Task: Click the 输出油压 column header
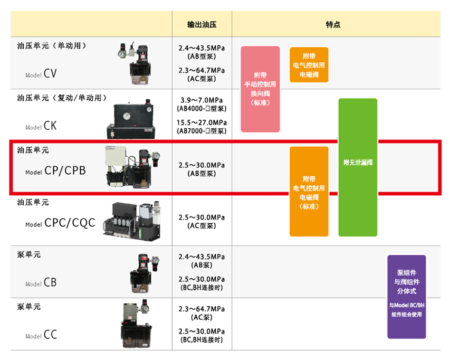202,25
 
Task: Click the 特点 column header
333,25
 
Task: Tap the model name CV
50,73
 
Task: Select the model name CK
50,126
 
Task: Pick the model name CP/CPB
65,170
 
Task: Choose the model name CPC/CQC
70,223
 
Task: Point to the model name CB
50,282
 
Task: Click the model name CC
50,335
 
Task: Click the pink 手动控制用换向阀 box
260,89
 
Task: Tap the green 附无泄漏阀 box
358,167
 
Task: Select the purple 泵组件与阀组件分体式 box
407,297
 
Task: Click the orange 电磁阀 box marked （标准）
309,192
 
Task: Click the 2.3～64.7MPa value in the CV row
202,71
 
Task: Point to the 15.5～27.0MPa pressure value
202,123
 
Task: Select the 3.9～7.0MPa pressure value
202,100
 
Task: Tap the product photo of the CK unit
131,119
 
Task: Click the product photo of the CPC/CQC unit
132,221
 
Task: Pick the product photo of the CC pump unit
136,324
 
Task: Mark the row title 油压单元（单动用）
52,46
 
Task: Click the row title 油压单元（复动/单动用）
62,98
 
